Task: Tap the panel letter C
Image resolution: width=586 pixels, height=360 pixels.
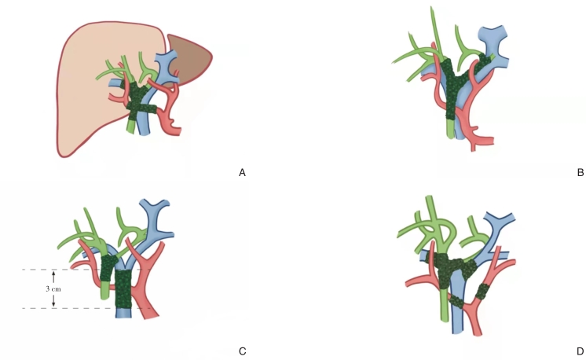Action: click(x=242, y=351)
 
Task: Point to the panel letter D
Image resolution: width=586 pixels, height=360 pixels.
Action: click(x=580, y=351)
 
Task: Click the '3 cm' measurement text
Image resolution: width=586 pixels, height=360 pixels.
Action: click(x=53, y=288)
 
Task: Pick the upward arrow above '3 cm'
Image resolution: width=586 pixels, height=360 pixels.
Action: click(x=53, y=275)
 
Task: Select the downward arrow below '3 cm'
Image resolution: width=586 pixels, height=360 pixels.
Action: click(x=53, y=302)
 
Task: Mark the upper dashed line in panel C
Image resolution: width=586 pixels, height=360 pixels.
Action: click(x=47, y=270)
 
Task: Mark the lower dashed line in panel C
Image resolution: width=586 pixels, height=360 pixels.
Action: click(x=47, y=308)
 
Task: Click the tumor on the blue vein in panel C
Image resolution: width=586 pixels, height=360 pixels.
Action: click(x=125, y=288)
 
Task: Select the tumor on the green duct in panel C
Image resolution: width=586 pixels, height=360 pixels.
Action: click(x=108, y=268)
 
